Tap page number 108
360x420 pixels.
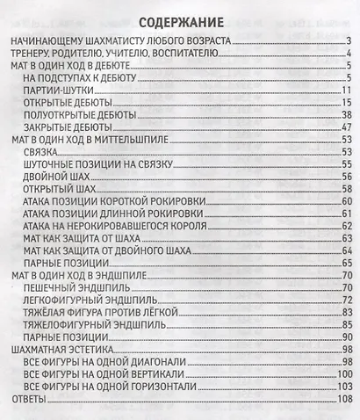343,400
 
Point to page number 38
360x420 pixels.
346,114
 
